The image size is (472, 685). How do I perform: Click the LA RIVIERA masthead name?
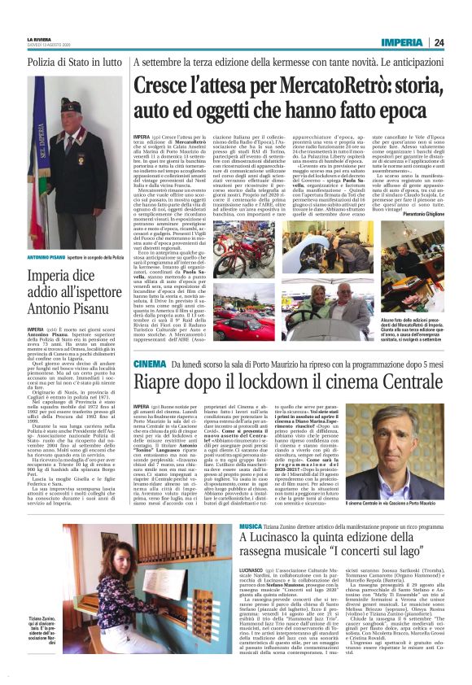[38, 39]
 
